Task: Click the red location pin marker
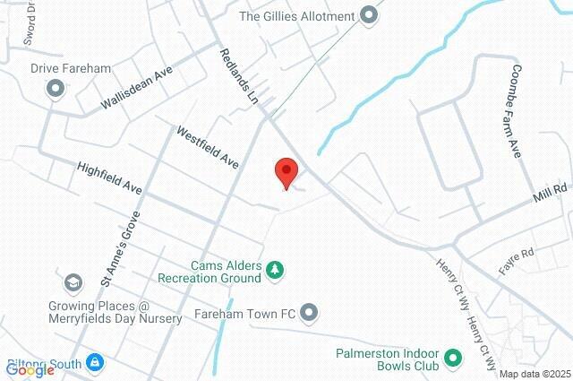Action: (x=286, y=171)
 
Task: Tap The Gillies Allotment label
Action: (x=297, y=15)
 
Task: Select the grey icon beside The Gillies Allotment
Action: (x=367, y=15)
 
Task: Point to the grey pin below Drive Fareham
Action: (x=56, y=88)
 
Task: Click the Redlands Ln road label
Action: (x=239, y=79)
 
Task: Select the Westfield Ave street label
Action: (x=207, y=147)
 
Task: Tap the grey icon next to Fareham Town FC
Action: (x=310, y=313)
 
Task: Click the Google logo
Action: (x=30, y=370)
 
